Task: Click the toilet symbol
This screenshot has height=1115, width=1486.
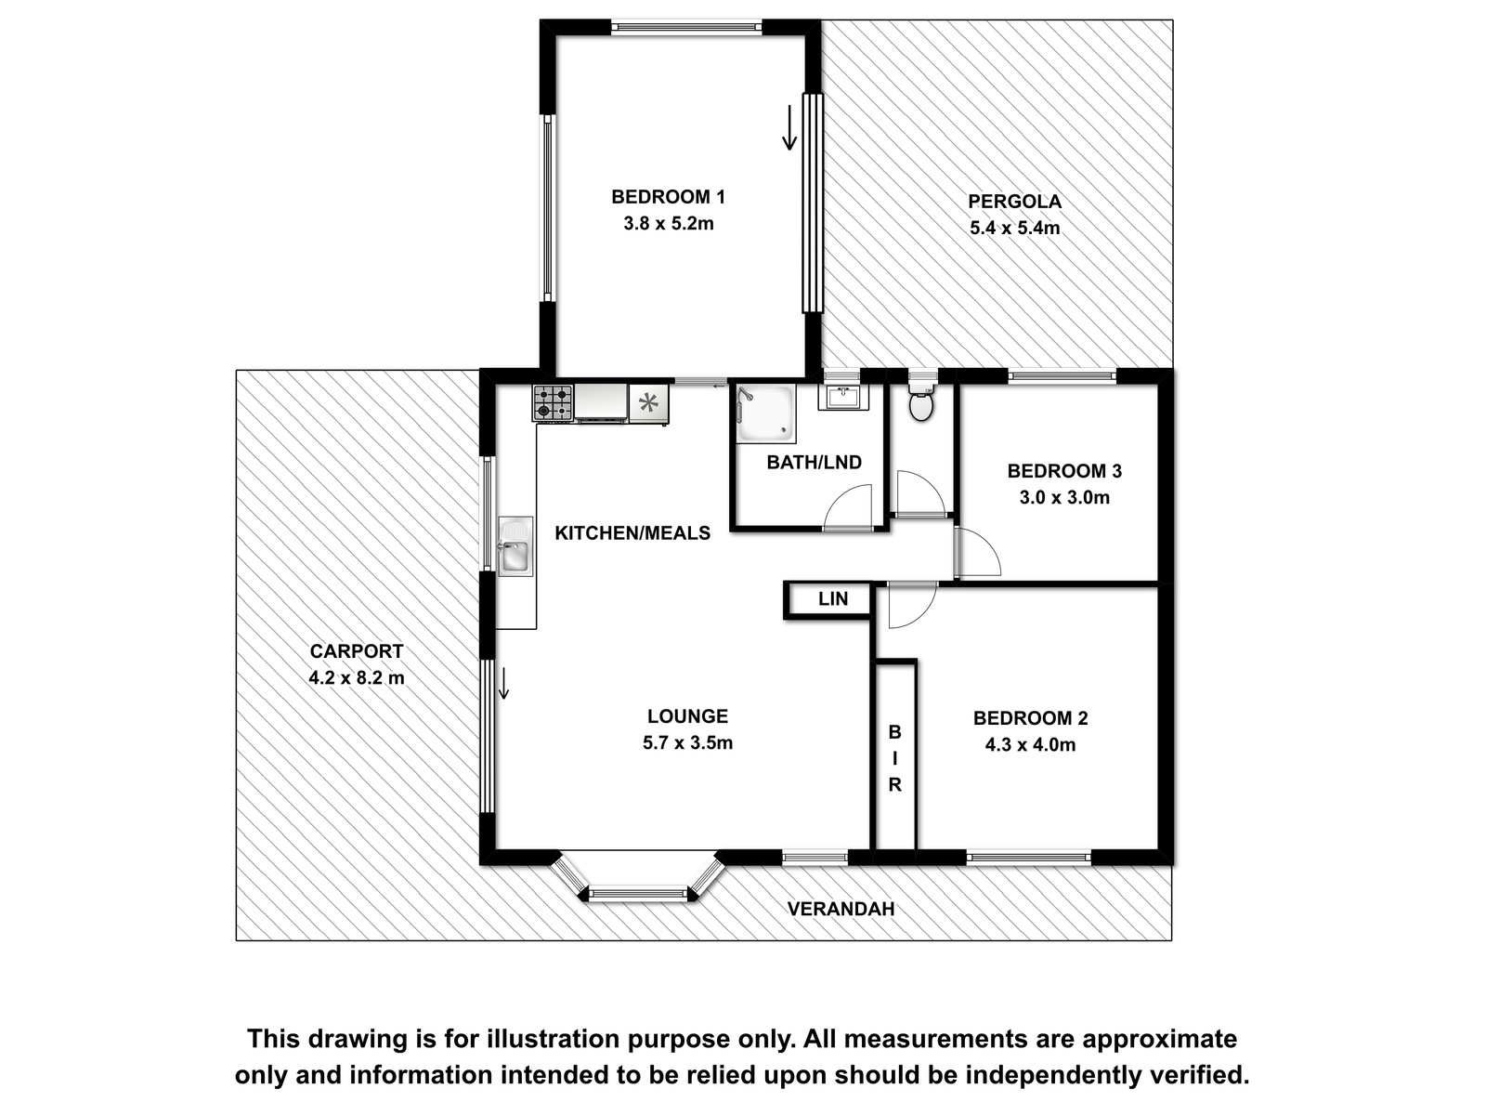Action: (920, 400)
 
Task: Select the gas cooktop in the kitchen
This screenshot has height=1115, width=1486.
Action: (554, 402)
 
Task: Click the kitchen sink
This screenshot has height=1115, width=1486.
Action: (515, 546)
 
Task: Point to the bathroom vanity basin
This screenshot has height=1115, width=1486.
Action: (843, 397)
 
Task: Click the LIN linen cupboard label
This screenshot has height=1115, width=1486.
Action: (833, 599)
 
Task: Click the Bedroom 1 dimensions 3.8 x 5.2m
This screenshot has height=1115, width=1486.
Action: (668, 223)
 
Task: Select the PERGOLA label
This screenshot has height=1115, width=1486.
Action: (1014, 201)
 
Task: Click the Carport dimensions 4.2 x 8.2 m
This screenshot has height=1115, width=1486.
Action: (356, 677)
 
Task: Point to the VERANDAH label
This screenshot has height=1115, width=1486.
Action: (841, 909)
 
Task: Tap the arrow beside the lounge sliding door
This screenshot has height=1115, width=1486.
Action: (503, 683)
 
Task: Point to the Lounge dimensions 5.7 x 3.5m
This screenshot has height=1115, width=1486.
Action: (687, 742)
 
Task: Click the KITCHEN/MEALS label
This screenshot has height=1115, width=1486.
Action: (632, 533)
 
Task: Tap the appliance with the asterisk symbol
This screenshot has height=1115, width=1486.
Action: (648, 404)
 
